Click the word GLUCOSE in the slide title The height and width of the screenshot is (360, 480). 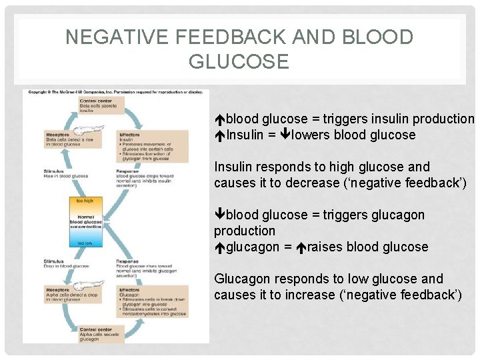[x=239, y=62]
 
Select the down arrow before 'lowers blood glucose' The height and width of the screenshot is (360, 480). [x=285, y=135]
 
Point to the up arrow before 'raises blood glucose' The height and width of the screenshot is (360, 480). [x=301, y=247]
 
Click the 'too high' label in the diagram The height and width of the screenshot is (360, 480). [x=85, y=201]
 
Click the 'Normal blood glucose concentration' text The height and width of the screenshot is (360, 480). [x=85, y=221]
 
